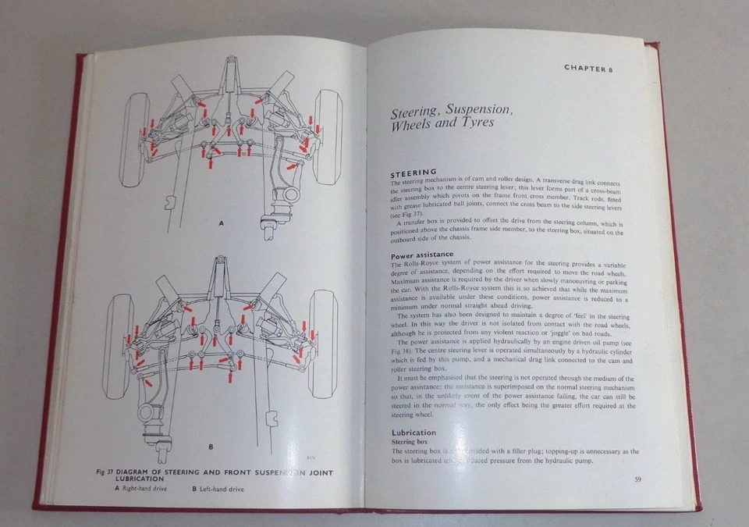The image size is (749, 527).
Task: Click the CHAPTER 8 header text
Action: click(x=588, y=68)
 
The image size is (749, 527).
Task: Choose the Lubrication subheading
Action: click(x=414, y=432)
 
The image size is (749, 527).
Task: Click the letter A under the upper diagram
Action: click(x=221, y=224)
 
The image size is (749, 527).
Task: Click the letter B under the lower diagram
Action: click(x=211, y=447)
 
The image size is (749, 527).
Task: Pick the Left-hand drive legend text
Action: click(x=222, y=490)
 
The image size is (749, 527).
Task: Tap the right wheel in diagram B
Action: click(x=322, y=342)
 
